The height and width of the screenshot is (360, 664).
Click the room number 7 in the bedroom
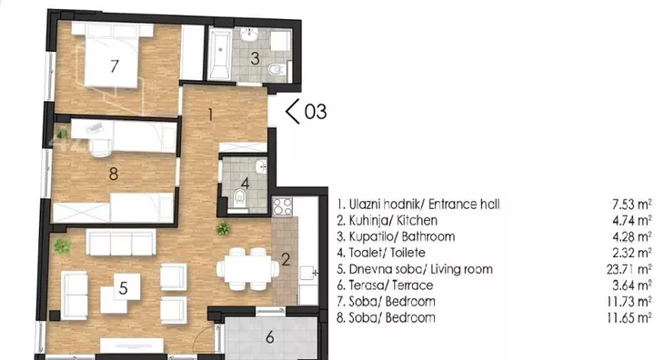tap(114, 66)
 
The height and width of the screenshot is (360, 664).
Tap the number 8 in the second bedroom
tap(113, 174)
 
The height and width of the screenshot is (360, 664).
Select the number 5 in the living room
tap(123, 288)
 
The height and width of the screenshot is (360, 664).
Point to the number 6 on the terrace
tap(270, 337)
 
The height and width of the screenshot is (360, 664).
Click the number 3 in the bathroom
tap(255, 58)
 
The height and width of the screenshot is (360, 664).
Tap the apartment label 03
tap(316, 112)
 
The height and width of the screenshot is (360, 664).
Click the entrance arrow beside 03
tap(292, 111)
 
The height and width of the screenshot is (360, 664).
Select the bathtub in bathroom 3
tap(220, 54)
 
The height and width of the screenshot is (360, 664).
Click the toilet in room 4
tap(240, 198)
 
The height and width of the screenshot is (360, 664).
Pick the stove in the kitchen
tap(283, 207)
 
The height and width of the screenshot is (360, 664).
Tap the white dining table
tap(247, 269)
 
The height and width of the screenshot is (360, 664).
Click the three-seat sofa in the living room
tap(121, 243)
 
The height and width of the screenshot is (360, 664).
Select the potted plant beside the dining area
tap(223, 228)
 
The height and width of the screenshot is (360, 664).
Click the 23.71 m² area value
tap(629, 269)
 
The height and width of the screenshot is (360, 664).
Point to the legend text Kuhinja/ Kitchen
tap(393, 220)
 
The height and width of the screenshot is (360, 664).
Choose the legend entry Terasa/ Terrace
tap(391, 285)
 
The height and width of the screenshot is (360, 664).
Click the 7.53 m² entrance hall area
tap(632, 205)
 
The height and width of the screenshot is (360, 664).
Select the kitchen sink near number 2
tap(308, 274)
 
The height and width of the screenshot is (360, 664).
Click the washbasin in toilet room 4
tap(261, 166)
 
